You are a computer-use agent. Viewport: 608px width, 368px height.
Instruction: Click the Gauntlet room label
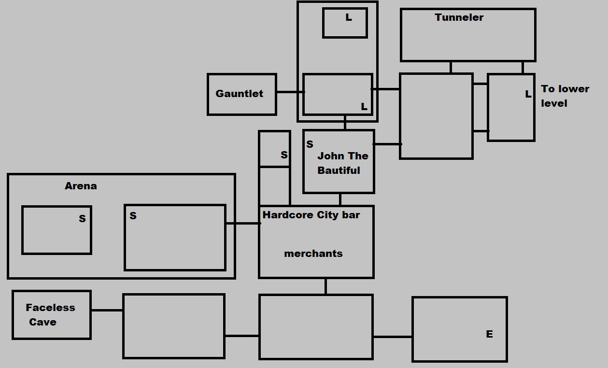[239, 94]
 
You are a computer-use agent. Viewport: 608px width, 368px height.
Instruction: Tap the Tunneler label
[459, 17]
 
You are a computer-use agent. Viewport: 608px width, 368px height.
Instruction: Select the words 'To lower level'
[565, 96]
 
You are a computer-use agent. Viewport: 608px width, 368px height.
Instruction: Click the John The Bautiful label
[342, 163]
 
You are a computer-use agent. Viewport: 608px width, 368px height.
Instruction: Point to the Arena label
[81, 186]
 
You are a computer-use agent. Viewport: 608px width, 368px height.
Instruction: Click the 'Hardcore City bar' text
[311, 215]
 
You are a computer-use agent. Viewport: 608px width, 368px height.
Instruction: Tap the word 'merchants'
[313, 254]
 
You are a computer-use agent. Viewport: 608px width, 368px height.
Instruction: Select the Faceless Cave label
[50, 314]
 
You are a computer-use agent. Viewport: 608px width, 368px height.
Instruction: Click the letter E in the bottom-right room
[489, 334]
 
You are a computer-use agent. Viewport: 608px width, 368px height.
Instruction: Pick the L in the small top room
[349, 18]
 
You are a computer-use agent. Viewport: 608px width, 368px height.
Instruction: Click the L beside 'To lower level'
[528, 94]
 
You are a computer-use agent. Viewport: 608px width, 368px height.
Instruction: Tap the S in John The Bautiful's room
[310, 144]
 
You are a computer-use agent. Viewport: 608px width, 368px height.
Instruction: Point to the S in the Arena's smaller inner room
[82, 219]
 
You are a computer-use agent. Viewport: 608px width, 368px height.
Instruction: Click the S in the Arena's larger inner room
[133, 216]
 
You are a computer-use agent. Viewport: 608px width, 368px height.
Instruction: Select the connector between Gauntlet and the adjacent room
[290, 92]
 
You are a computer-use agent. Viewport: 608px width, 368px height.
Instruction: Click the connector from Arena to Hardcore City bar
[242, 223]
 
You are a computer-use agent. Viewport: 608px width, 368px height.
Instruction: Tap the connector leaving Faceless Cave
[107, 310]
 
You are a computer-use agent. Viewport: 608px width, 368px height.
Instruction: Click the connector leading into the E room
[393, 337]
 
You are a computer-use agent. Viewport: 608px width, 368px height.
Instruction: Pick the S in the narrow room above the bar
[284, 155]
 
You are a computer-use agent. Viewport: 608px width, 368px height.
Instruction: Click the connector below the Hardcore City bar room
[325, 286]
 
